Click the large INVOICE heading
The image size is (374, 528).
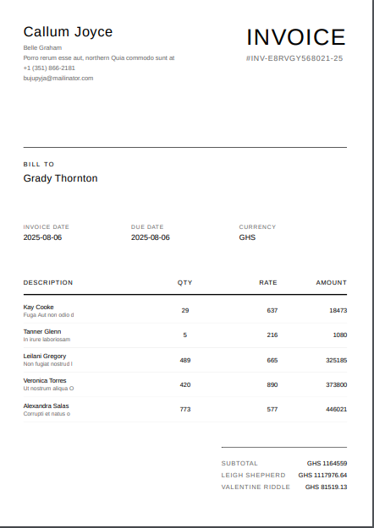pyautogui.click(x=296, y=37)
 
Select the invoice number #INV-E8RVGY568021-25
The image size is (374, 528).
pyautogui.click(x=294, y=58)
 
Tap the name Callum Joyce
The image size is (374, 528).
pyautogui.click(x=68, y=32)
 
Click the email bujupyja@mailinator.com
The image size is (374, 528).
pyautogui.click(x=58, y=78)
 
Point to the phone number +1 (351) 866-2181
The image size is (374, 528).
pyautogui.click(x=49, y=68)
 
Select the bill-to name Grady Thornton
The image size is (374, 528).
pyautogui.click(x=60, y=178)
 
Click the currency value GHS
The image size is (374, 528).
pyautogui.click(x=247, y=237)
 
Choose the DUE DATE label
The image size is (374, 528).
pyautogui.click(x=147, y=226)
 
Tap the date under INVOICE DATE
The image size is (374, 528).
pyautogui.click(x=42, y=237)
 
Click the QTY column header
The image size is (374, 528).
pyautogui.click(x=185, y=282)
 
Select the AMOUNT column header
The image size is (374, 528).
pyautogui.click(x=331, y=282)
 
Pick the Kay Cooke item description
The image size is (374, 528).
pyautogui.click(x=39, y=308)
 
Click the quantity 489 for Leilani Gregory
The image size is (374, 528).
pyautogui.click(x=185, y=360)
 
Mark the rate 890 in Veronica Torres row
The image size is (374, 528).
pyautogui.click(x=272, y=384)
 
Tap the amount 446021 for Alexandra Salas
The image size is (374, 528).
pyautogui.click(x=336, y=409)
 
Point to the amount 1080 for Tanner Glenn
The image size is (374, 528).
pyautogui.click(x=339, y=335)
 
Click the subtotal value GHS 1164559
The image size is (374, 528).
pyautogui.click(x=327, y=463)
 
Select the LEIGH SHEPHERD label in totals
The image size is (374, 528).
pyautogui.click(x=253, y=475)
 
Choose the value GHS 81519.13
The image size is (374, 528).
pyautogui.click(x=326, y=487)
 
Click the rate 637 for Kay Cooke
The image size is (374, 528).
pyautogui.click(x=272, y=311)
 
